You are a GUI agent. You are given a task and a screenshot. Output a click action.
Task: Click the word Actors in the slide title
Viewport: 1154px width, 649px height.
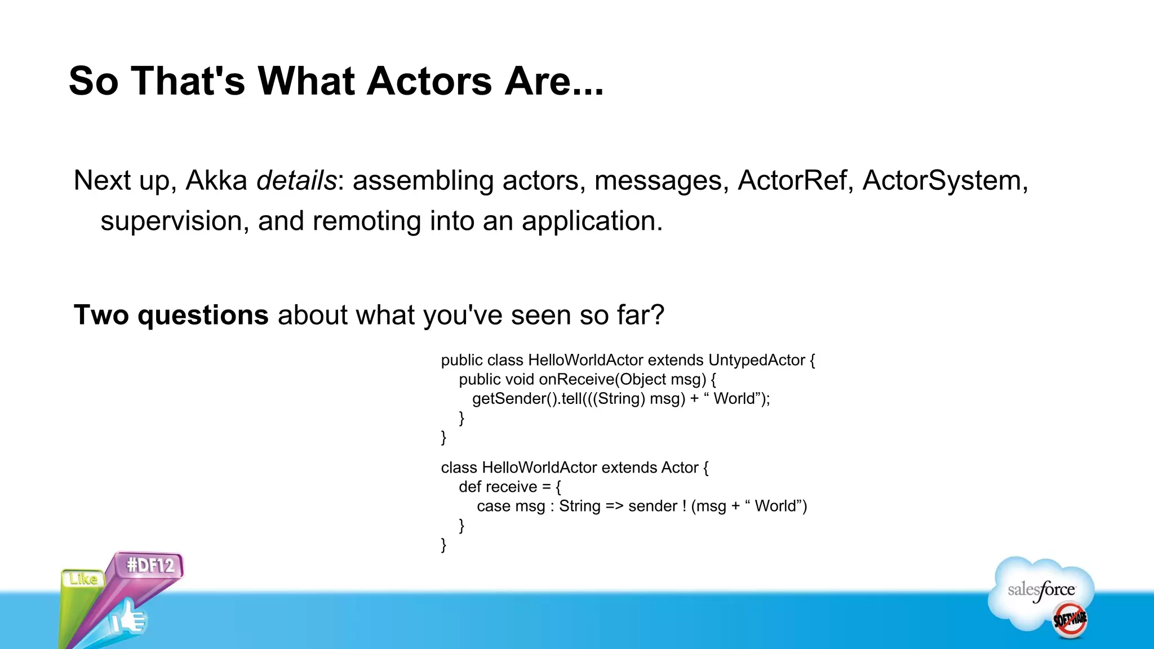[x=430, y=81]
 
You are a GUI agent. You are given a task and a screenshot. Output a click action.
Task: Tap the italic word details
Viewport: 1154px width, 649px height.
[x=296, y=181]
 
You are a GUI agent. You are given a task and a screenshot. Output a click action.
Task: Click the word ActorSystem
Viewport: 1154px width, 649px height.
[x=942, y=181]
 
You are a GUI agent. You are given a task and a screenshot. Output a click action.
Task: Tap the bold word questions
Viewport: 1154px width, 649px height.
[x=203, y=315]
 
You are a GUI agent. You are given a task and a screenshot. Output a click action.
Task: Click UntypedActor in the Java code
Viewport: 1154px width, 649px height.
[x=756, y=361]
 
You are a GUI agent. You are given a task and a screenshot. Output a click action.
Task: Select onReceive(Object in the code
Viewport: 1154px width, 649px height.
[x=602, y=380]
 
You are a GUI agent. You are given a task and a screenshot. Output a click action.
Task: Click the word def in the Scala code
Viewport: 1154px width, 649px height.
[x=471, y=487]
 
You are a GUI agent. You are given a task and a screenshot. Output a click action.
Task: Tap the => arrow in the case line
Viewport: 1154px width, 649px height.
[x=614, y=506]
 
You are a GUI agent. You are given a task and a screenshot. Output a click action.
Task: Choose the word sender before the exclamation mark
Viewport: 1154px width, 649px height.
[x=653, y=506]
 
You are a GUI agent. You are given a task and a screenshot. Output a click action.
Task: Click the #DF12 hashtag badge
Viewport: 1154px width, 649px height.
[x=150, y=565]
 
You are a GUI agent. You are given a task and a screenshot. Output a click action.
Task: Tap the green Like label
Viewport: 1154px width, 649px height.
[x=83, y=579]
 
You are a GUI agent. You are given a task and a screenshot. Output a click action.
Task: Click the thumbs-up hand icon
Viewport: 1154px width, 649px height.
[x=128, y=619]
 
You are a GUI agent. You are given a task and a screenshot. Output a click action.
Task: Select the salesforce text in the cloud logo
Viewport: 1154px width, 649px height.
[x=1041, y=590]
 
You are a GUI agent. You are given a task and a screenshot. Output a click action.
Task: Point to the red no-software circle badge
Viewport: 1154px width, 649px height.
[x=1069, y=620]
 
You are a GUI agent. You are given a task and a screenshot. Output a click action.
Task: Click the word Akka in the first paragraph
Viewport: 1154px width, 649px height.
[x=216, y=181]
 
